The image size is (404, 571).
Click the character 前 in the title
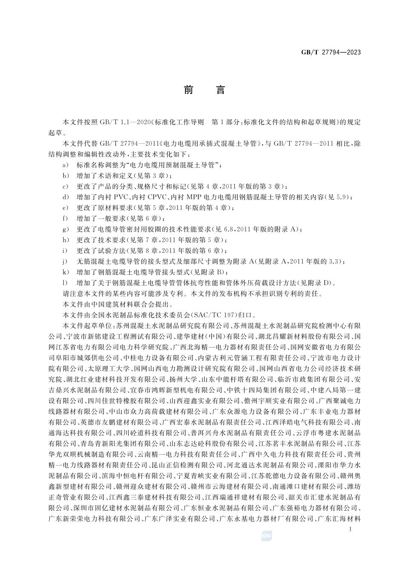[x=188, y=90]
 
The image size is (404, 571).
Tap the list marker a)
[x=65, y=164]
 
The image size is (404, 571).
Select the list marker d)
[x=65, y=197]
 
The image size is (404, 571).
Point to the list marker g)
[x=65, y=229]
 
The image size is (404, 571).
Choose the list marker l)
[x=65, y=283]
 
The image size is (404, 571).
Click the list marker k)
[x=65, y=272]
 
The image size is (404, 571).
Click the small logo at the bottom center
[x=267, y=537]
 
